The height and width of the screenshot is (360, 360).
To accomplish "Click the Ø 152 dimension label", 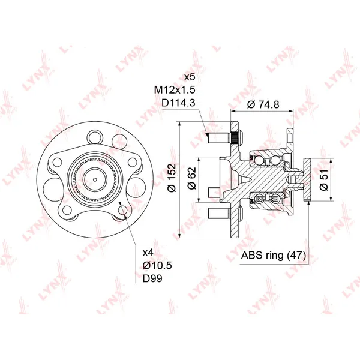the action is (x=172, y=178).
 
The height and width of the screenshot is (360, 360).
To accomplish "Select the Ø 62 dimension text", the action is (x=192, y=178).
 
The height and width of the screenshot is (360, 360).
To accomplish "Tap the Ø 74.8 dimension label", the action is (x=263, y=104).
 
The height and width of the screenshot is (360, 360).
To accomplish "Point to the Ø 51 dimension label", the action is (x=324, y=180).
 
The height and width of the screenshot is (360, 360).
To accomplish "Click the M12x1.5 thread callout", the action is (x=175, y=90).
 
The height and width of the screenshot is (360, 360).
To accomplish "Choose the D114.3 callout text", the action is (x=178, y=103).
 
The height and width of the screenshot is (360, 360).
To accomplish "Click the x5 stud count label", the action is (x=190, y=77).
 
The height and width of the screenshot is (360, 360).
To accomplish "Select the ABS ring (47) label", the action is (x=274, y=255).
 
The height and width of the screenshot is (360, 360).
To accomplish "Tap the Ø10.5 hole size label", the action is (x=157, y=265).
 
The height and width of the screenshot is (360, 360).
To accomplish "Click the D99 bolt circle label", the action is (x=152, y=278).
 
